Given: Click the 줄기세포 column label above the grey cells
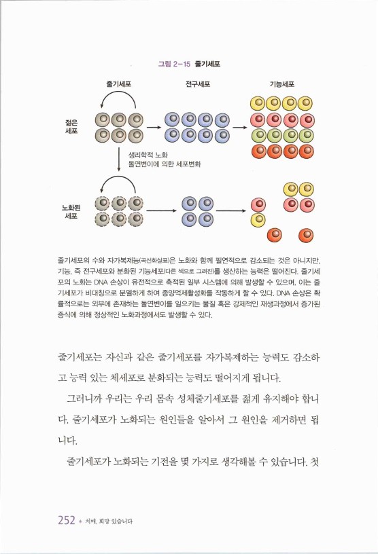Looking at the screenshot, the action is click(118, 85).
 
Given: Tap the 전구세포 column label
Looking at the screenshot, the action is click(197, 85).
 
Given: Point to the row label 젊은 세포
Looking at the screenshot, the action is click(71, 127).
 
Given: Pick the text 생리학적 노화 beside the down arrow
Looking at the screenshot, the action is click(148, 155).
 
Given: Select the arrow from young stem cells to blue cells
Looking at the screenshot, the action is click(154, 127).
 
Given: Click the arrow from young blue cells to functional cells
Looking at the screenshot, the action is click(239, 127).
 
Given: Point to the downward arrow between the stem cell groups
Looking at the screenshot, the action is click(119, 160).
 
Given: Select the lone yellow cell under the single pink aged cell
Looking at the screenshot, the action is click(258, 220).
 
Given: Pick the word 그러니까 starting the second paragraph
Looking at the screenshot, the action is click(86, 396).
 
